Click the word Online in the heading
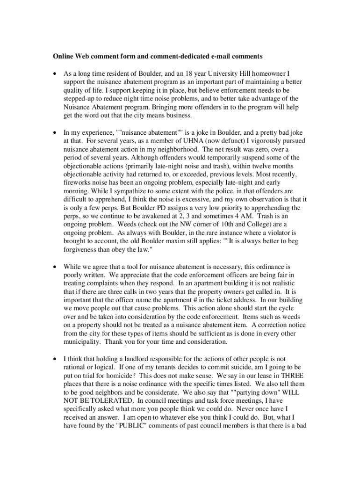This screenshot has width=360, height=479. tap(63, 57)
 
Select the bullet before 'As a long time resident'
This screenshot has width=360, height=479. tap(55, 73)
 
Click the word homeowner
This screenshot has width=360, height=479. tap(272, 73)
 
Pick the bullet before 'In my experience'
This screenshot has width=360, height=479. tap(55, 132)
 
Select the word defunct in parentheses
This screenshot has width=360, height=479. tap(211, 141)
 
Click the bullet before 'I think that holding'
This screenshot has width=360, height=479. tap(55, 360)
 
